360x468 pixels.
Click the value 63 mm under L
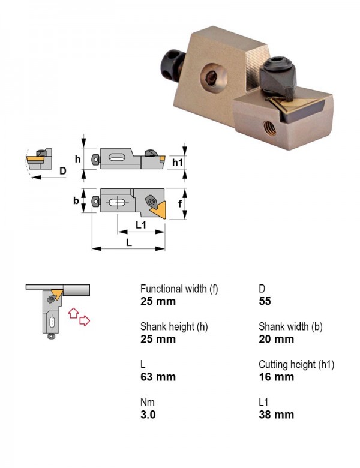click(158, 377)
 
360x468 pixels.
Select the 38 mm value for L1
click(276, 414)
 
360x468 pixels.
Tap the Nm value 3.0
click(148, 414)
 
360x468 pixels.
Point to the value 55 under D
click(265, 301)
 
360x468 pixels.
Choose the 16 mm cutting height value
click(276, 377)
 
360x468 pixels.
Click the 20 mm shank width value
click(276, 339)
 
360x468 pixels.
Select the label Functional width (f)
click(179, 289)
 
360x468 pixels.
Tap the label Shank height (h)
click(174, 327)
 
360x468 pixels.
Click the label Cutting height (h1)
click(296, 364)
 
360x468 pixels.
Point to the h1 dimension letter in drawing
click(178, 163)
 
